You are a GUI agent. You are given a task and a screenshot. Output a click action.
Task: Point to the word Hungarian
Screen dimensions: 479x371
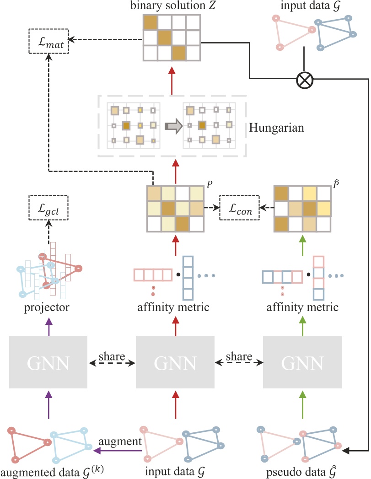276,128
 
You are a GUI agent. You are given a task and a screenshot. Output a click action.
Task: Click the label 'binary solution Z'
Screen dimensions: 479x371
172,7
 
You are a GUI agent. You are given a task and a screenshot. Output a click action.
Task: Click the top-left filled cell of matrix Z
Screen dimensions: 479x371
150,23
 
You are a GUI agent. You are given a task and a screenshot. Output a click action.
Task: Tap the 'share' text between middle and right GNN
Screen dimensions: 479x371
238,355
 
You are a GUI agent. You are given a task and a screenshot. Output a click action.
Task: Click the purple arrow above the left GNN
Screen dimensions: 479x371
48,328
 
